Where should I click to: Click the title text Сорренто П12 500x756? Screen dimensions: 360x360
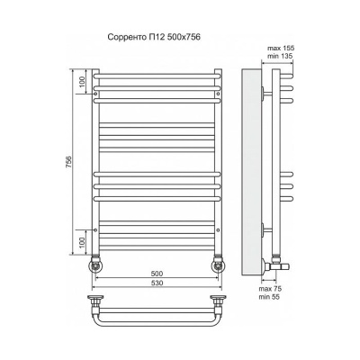click(154, 37)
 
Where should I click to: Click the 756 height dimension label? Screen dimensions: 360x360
click(68, 162)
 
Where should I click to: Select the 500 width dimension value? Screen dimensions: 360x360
click(157, 274)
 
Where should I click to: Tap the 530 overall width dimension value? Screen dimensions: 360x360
click(157, 283)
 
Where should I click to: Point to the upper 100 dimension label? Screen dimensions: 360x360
click(83, 81)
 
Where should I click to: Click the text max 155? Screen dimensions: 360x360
click(281, 48)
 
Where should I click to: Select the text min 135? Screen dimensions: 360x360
click(280, 56)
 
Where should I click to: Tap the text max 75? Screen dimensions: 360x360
click(270, 289)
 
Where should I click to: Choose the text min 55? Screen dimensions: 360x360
click(269, 297)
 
